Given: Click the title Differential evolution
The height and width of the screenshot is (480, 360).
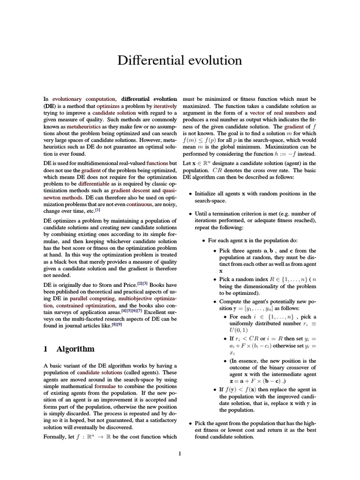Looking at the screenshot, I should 180,60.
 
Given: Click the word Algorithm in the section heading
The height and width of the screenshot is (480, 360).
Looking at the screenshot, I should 75,349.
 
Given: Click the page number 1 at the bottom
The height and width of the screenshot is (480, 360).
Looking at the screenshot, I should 180,453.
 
